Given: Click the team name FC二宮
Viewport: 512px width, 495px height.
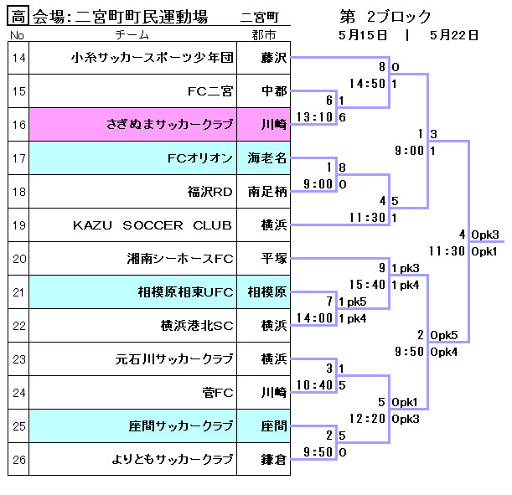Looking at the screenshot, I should [210, 91].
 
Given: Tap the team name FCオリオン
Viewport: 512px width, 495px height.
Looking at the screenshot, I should [200, 157].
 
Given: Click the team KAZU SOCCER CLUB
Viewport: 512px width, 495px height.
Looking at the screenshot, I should [153, 224].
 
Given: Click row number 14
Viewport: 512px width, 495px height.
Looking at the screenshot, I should [18, 58].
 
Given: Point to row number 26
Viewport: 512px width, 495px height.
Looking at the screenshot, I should [18, 459].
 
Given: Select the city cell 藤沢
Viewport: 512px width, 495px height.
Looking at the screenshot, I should [273, 58].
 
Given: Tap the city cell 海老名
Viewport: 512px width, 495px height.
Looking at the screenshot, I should [267, 157].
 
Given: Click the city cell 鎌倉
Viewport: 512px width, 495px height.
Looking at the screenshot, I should [273, 459].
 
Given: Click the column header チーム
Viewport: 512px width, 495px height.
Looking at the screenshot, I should [133, 34].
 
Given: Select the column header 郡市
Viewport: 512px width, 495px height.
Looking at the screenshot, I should [263, 34].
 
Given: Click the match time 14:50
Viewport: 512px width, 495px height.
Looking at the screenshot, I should [367, 84].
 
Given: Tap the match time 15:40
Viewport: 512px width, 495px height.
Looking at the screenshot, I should [367, 285].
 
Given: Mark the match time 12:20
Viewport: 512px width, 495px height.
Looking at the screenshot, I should [367, 418].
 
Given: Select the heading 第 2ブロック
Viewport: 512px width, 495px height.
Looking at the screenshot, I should [385, 16].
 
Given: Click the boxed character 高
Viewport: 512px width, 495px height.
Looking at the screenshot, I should [18, 16].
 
